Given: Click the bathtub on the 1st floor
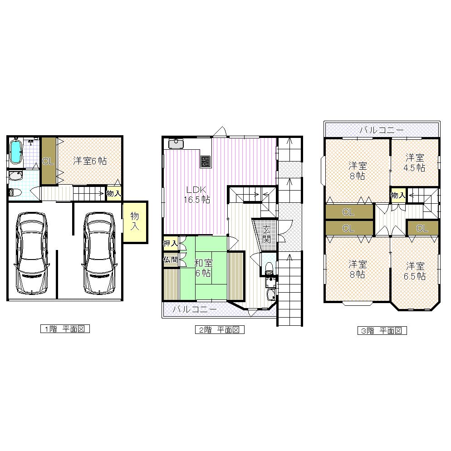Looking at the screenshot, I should click(x=16, y=152).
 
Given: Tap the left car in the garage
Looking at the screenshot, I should click(x=32, y=253).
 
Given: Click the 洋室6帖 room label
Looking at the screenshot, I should click(x=90, y=161).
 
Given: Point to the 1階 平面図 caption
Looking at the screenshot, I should click(x=65, y=329).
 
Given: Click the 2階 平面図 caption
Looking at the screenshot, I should click(x=220, y=330).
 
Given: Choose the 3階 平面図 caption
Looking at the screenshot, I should click(x=381, y=330).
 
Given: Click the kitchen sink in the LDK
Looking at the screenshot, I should click(x=175, y=144).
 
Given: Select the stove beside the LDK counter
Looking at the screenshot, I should click(x=206, y=161).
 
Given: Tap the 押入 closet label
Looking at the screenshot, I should click(x=170, y=244).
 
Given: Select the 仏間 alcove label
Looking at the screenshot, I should click(x=170, y=260).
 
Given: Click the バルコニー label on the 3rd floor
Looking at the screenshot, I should click(x=381, y=130).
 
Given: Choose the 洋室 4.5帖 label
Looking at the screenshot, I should click(x=415, y=162).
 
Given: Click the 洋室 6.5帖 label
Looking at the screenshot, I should click(x=415, y=270).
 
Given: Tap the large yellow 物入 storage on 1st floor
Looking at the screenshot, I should click(x=135, y=221).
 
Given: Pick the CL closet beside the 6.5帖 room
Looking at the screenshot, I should click(x=422, y=228).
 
